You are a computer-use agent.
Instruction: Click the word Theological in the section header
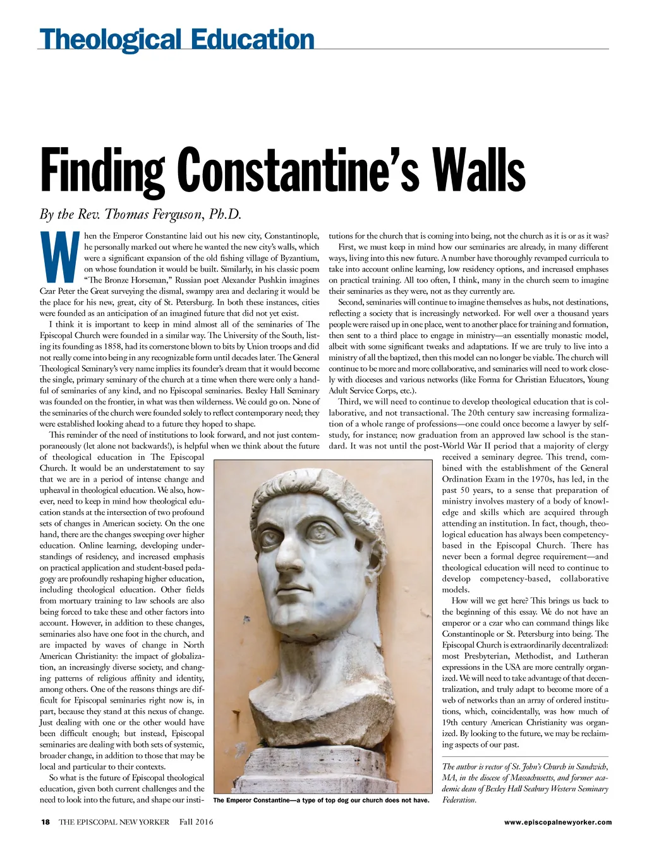(112, 39)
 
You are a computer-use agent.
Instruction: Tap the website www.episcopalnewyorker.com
(559, 822)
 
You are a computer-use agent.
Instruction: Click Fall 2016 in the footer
(196, 822)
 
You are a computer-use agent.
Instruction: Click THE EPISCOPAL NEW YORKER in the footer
(114, 822)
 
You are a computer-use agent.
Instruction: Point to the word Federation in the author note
(459, 800)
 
